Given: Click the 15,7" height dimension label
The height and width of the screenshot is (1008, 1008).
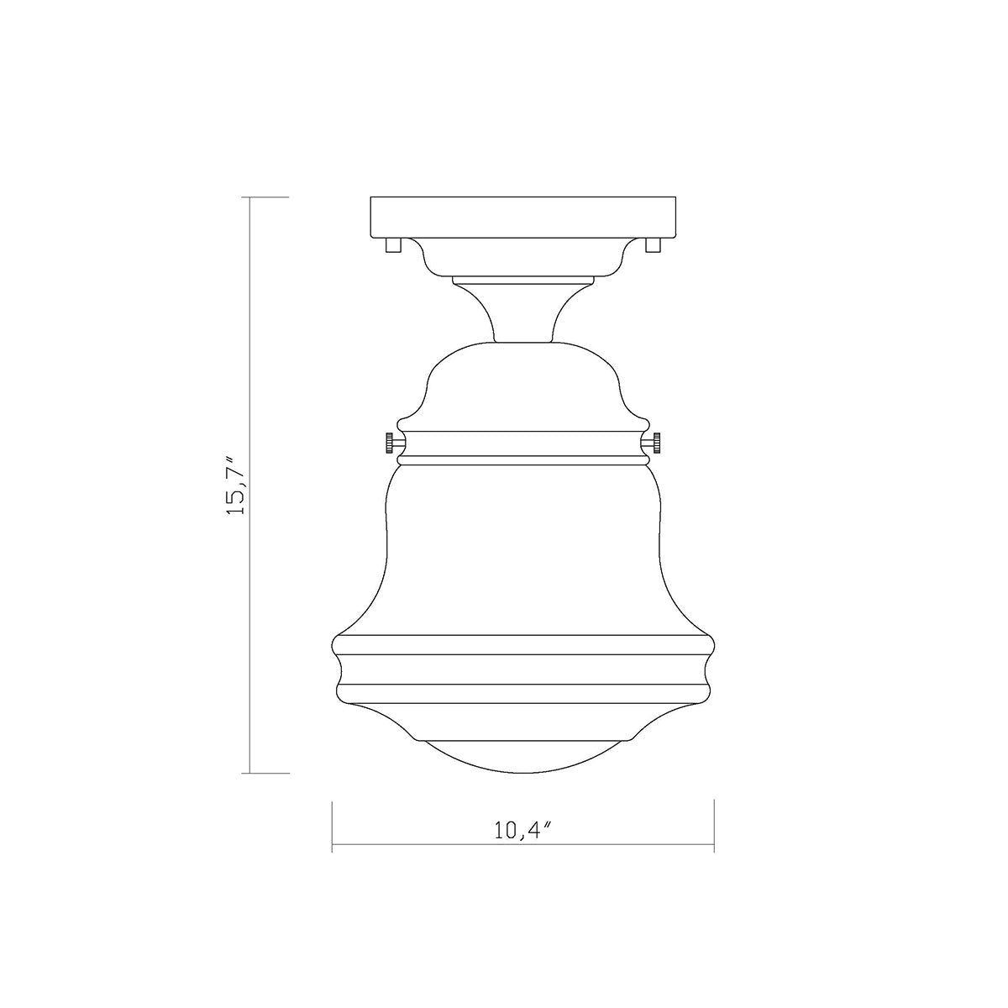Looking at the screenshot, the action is point(235,485).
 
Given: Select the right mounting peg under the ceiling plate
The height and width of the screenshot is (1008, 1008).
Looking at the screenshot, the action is point(654,245).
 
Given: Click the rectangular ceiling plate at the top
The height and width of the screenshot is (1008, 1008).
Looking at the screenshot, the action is point(523,218).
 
